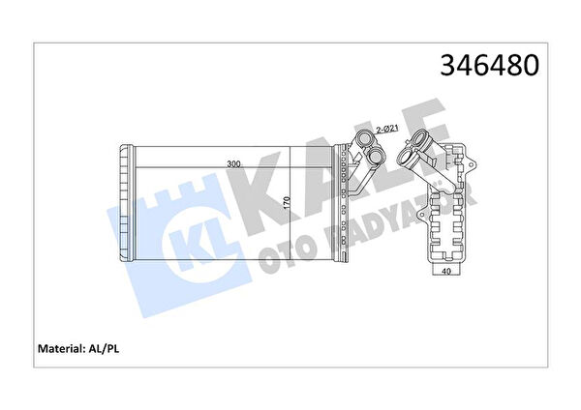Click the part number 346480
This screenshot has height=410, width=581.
click(x=489, y=66)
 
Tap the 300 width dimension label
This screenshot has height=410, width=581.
click(x=233, y=164)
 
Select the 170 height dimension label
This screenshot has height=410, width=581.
click(x=287, y=204)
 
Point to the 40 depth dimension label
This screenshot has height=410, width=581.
click(x=446, y=271)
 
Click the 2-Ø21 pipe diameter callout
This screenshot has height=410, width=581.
click(x=387, y=130)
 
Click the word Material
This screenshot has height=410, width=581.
click(x=61, y=348)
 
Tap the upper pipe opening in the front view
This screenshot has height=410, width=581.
click(x=365, y=139)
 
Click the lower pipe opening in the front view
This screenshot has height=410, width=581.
click(x=376, y=157)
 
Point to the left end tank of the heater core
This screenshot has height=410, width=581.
click(x=126, y=203)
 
